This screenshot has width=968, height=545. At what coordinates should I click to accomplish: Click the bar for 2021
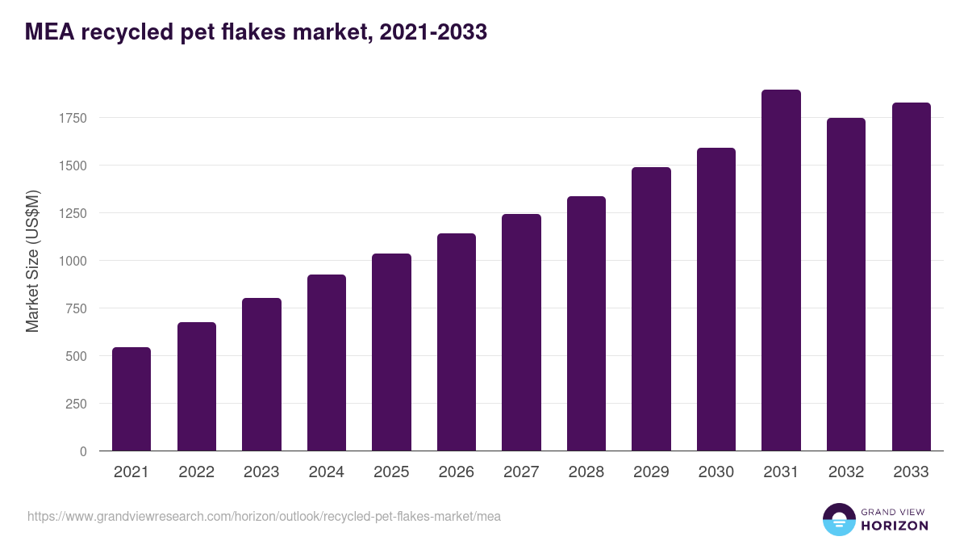(131, 399)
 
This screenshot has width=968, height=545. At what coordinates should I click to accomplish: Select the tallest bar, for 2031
(781, 270)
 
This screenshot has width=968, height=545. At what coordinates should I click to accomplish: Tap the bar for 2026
(457, 342)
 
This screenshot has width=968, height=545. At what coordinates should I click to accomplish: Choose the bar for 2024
(327, 363)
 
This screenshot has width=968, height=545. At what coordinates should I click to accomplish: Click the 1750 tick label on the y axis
(72, 118)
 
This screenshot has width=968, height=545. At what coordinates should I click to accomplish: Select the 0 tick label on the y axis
(84, 451)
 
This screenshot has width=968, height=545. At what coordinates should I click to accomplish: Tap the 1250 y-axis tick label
(72, 213)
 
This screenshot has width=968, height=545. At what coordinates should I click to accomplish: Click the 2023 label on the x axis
(261, 472)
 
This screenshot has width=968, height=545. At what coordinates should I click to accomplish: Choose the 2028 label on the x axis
(586, 472)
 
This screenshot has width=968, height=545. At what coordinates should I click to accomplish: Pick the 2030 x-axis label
(716, 472)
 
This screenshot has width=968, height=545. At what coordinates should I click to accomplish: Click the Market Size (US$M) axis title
(32, 261)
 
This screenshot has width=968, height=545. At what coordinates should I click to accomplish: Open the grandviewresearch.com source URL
(264, 516)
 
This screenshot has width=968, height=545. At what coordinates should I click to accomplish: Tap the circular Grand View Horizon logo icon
(839, 519)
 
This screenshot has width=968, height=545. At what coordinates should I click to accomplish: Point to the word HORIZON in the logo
(895, 526)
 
